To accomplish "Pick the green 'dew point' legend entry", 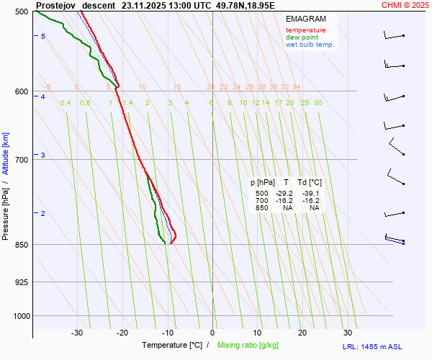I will pos(302,37).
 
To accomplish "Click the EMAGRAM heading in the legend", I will pos(305,19).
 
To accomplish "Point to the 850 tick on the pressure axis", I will pos(21,245).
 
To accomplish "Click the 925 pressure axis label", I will pos(21,282).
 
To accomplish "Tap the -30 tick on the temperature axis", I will pos(77,333).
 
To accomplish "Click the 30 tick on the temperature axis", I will pos(348,333).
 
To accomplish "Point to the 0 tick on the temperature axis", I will pos(212,333).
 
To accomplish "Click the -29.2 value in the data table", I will pos(284,194).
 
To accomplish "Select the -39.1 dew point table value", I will pos(310,194).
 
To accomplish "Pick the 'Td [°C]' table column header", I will pos(310,183).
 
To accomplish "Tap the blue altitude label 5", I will pos(43,36).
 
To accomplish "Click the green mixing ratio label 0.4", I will pos(66,103).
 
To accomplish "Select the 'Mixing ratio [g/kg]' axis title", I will pos(249,346).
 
